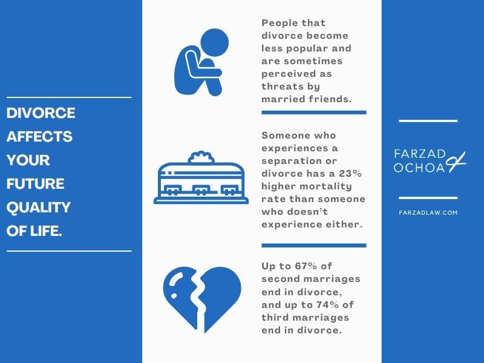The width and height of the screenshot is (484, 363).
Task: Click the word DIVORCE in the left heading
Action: point(41,113)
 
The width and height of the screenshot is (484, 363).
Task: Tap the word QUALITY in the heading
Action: point(39,208)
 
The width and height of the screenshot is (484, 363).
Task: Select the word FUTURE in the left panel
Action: point(36,184)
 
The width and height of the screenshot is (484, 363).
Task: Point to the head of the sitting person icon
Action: point(215,42)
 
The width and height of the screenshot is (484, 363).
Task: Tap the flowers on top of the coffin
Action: point(201,157)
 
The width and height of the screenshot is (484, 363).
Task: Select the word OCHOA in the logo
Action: point(419,168)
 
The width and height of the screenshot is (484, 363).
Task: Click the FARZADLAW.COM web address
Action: point(428,213)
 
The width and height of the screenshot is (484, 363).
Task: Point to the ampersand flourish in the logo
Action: point(456,162)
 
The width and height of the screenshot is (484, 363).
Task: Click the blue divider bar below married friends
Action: point(314,113)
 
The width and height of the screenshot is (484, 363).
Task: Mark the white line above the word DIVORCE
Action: point(69,97)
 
